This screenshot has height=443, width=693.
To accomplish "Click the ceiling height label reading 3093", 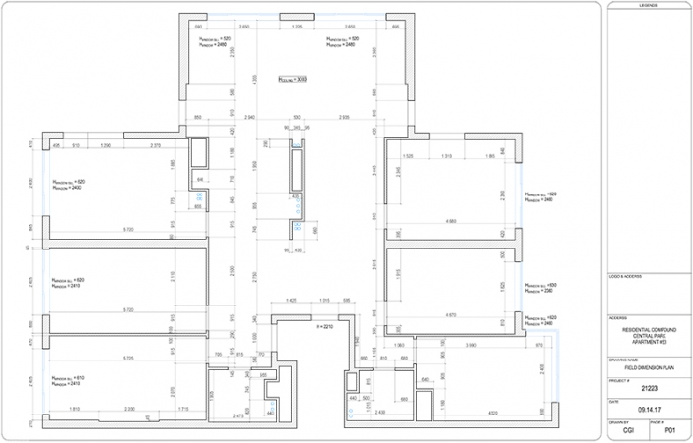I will coord(293,80).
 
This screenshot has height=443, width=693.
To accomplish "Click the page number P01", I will coord(670,430).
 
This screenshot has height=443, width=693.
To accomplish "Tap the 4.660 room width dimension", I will coord(451,222).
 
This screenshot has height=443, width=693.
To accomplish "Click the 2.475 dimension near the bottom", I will coord(237,415).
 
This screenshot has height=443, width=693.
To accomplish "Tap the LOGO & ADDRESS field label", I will coord(625,276).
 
